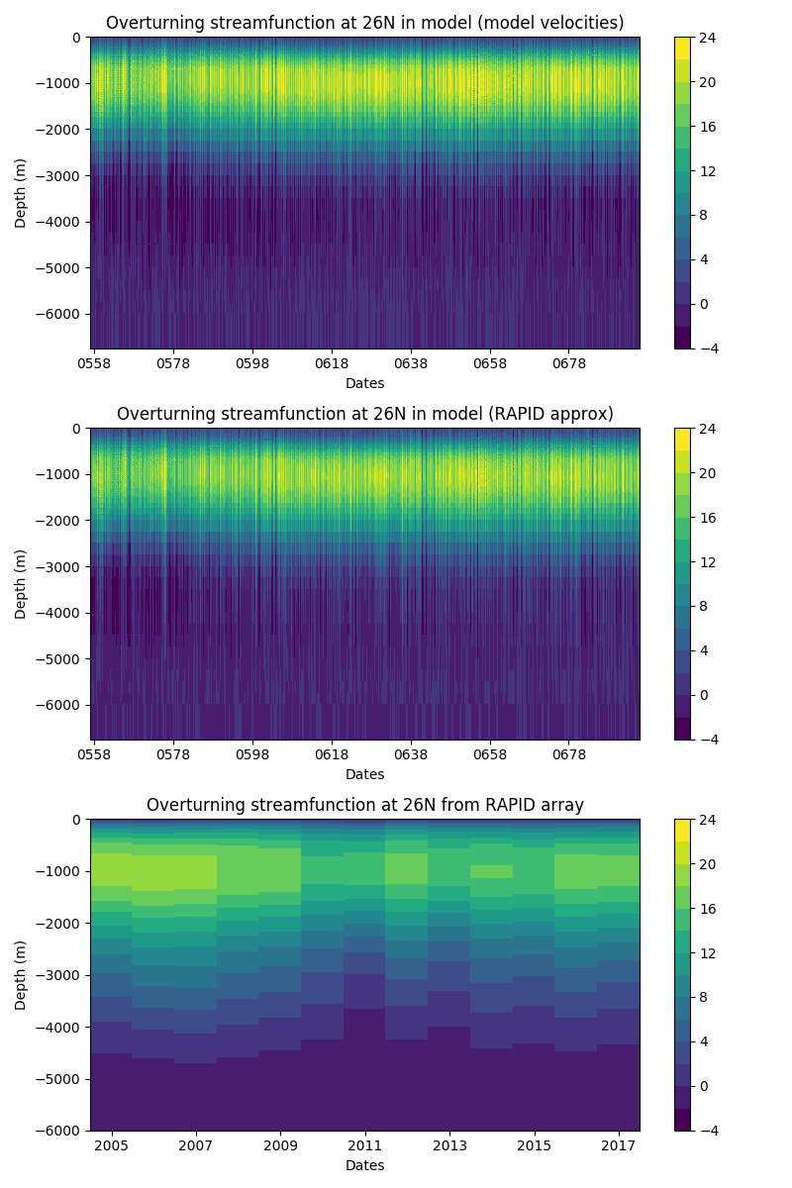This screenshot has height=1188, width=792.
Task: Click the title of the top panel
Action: coord(364,23)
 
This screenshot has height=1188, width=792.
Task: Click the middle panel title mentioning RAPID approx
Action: coord(364,414)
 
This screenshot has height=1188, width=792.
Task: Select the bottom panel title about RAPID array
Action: coord(364,805)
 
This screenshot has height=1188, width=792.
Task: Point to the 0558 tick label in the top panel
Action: coord(94,364)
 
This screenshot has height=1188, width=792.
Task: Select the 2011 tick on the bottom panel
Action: coord(365,1146)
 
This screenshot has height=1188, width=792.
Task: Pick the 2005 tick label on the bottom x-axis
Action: coord(112,1146)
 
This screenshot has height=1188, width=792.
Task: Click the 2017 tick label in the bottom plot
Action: coord(619,1146)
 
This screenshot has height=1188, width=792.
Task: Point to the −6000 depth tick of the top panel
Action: coord(61,314)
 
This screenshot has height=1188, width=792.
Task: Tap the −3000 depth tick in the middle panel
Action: coord(61,566)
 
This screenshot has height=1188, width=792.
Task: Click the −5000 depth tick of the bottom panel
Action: coord(61,1079)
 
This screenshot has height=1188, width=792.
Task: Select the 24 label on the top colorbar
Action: coord(709,38)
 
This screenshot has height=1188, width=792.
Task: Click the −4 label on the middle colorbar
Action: coord(706,740)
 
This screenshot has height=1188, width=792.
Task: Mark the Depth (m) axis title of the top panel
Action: coord(21,193)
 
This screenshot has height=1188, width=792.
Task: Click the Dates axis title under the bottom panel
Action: coord(364,1165)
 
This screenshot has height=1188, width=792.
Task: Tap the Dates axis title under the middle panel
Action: coord(364,774)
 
